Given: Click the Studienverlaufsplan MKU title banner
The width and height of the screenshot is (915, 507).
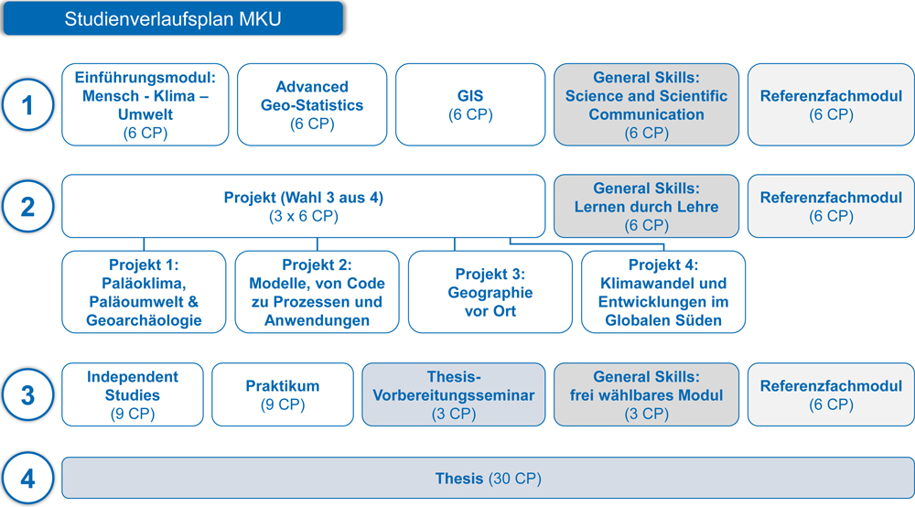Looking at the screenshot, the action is (173, 18).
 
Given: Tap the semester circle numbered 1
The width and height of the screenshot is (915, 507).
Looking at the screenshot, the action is (27, 105).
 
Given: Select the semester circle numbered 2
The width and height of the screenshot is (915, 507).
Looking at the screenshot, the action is (27, 207).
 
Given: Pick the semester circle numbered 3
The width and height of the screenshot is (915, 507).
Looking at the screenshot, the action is (27, 395).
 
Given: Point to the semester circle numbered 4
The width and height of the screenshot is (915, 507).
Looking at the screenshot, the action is (27, 479).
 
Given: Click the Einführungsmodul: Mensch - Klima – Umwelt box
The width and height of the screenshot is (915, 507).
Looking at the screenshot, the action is (145, 104).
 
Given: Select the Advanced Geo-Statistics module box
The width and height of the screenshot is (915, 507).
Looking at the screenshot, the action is (312, 104).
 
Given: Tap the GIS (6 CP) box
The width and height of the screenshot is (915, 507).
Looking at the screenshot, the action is (470, 104).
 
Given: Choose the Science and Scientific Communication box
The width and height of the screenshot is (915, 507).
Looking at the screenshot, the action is (646, 104).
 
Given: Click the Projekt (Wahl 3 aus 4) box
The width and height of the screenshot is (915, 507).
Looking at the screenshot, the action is (304, 206).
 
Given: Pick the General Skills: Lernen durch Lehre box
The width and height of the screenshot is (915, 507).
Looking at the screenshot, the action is (646, 206).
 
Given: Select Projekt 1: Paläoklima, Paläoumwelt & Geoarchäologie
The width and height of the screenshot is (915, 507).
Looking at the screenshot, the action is (144, 292).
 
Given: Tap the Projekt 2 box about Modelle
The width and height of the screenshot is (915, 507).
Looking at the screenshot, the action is (317, 292).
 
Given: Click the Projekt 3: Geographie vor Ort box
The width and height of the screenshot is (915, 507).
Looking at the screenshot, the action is (490, 292).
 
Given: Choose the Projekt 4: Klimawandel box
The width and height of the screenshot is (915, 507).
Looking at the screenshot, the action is (663, 292).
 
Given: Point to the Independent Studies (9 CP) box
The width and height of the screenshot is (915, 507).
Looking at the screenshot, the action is (133, 394).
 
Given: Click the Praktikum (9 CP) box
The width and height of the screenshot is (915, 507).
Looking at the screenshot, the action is (283, 394).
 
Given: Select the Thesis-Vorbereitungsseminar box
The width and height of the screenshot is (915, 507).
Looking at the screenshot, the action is (454, 394).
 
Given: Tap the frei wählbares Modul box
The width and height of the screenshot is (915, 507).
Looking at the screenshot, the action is (646, 394).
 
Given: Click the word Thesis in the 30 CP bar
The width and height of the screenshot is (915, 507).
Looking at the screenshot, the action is (459, 479).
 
